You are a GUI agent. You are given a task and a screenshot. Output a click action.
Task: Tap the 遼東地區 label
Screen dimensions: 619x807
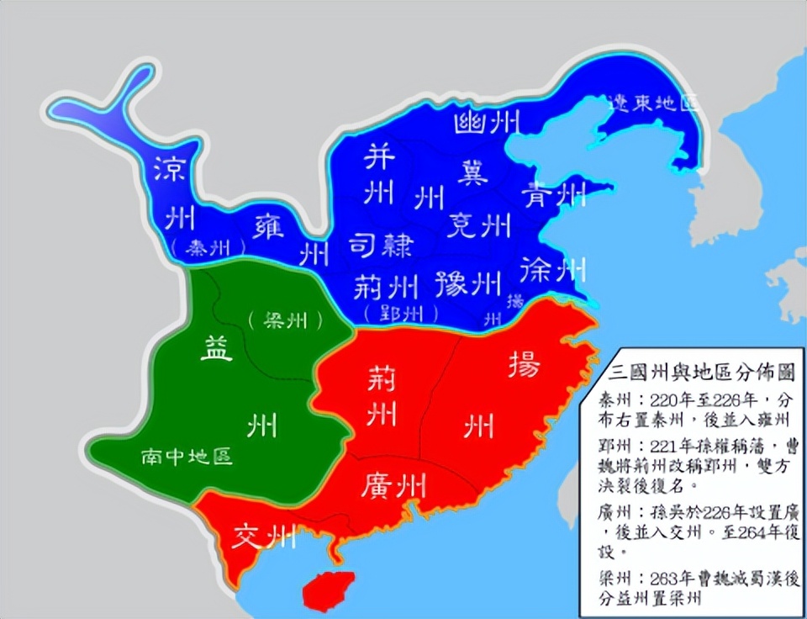tap(655, 103)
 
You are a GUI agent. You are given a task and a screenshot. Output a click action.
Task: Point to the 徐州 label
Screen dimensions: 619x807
tap(553, 268)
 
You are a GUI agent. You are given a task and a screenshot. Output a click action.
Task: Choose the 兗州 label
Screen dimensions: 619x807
tap(478, 225)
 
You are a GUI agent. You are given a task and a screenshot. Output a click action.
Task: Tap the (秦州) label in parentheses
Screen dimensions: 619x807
tap(205, 248)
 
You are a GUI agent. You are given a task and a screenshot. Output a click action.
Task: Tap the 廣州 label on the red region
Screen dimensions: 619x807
tap(394, 485)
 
